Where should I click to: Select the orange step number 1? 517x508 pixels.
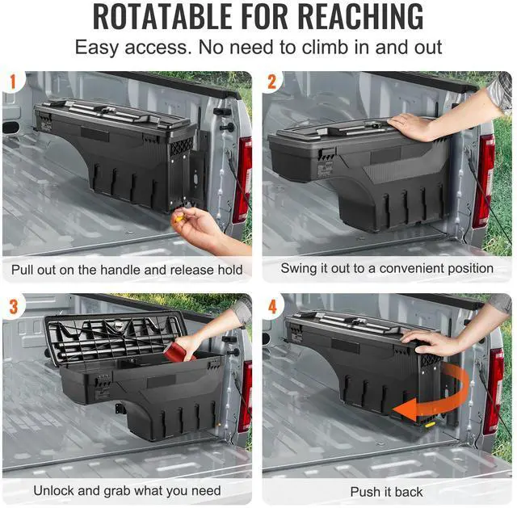(13, 82)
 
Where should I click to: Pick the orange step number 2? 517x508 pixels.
(272, 82)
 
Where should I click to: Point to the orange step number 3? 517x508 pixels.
(14, 307)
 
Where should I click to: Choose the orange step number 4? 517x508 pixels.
(272, 307)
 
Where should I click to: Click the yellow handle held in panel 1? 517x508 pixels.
(179, 217)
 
